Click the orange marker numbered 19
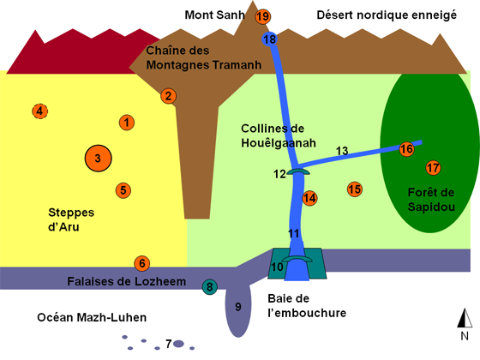click(x=263, y=16)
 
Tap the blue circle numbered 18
click(x=270, y=39)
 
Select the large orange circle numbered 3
click(x=98, y=159)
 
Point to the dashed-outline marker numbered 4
click(x=39, y=111)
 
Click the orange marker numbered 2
click(x=168, y=96)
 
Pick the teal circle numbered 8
click(x=210, y=287)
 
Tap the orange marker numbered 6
click(x=142, y=264)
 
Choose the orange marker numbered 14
click(x=309, y=198)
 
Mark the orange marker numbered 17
click(x=433, y=168)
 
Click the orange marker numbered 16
click(x=406, y=149)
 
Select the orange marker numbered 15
click(x=355, y=189)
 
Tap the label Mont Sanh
click(x=214, y=15)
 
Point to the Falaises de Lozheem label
click(x=127, y=281)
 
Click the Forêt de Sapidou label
click(x=431, y=200)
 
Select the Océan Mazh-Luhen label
click(x=92, y=317)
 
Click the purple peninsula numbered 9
click(x=238, y=310)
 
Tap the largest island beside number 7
click(x=178, y=344)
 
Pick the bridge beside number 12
click(x=298, y=171)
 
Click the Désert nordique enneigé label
click(x=387, y=15)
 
